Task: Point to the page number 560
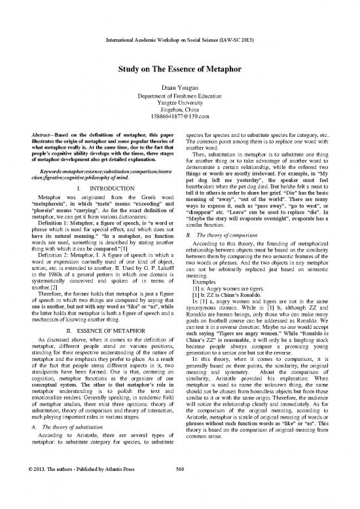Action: (x=179, y=495)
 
